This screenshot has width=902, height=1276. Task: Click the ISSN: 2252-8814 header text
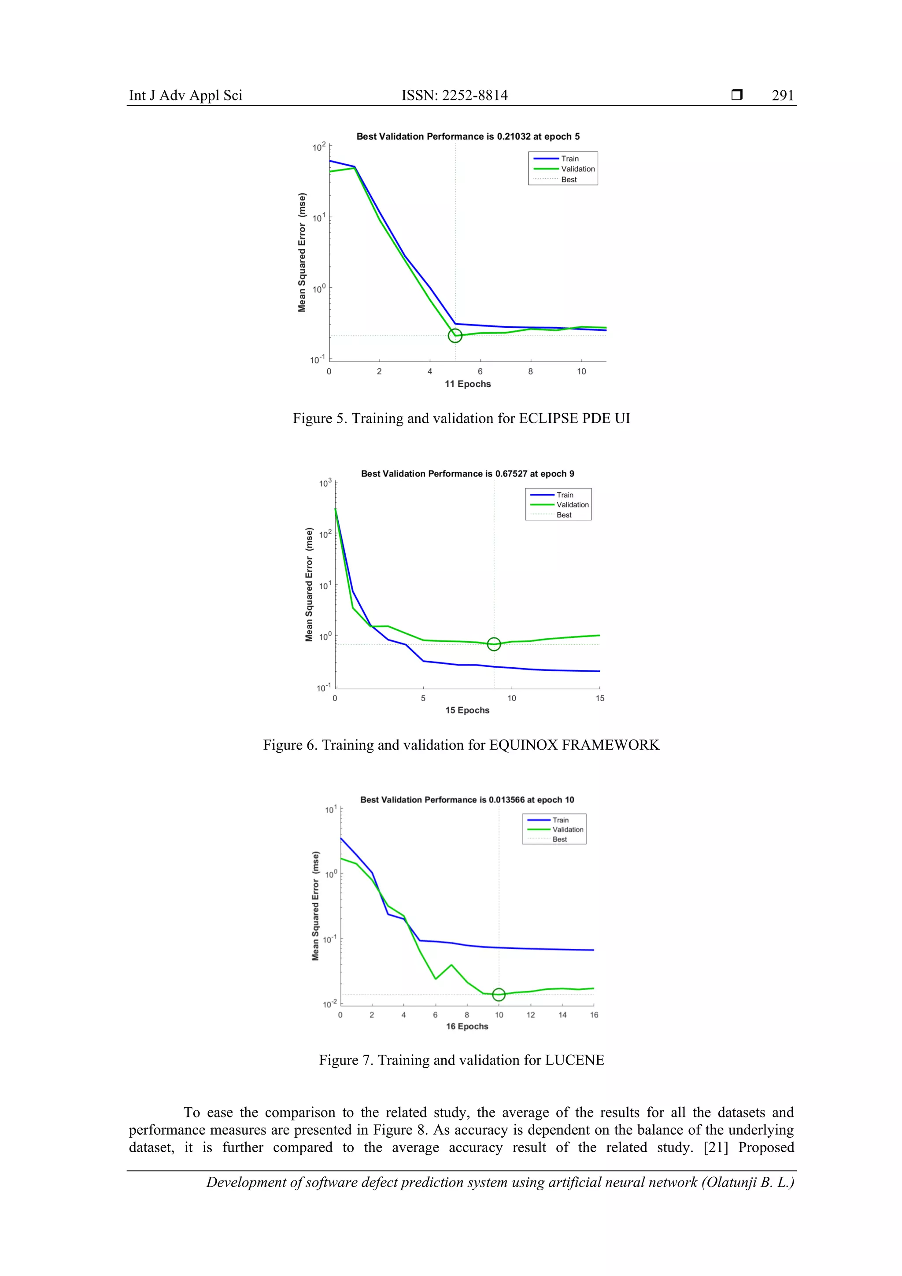pyautogui.click(x=454, y=96)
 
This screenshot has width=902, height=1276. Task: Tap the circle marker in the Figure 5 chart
pyautogui.click(x=455, y=336)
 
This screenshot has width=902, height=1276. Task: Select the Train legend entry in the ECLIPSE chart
pyautogui.click(x=569, y=159)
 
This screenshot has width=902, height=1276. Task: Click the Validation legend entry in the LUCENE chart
pyautogui.click(x=567, y=829)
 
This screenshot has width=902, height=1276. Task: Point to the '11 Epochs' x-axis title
pyautogui.click(x=467, y=384)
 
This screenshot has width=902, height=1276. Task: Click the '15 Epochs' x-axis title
pyautogui.click(x=467, y=710)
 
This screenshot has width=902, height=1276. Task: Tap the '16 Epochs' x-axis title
pyautogui.click(x=467, y=1026)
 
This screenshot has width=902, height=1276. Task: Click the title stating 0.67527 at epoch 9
pyautogui.click(x=467, y=473)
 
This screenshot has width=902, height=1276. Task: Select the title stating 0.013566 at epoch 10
pyautogui.click(x=467, y=800)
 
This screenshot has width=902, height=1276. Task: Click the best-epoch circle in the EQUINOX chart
pyautogui.click(x=494, y=644)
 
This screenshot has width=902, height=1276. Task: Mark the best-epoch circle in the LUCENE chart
pyautogui.click(x=499, y=994)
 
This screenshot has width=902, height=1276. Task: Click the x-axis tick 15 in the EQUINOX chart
pyautogui.click(x=600, y=698)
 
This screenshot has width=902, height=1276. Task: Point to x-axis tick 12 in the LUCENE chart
pyautogui.click(x=531, y=1015)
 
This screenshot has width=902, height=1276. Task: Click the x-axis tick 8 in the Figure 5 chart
pyautogui.click(x=530, y=372)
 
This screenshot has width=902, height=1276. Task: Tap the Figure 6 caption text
pyautogui.click(x=461, y=745)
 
